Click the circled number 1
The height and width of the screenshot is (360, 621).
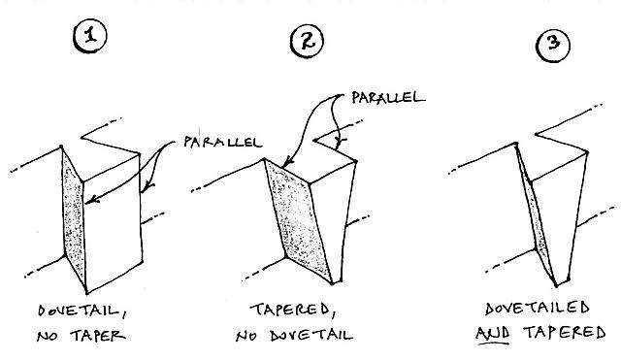(90, 36)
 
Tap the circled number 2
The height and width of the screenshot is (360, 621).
(307, 41)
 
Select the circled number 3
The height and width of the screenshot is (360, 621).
(553, 44)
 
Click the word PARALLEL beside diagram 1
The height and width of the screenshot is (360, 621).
(222, 142)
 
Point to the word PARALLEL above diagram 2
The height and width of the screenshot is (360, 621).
(388, 97)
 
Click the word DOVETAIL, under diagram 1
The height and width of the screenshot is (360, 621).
(82, 311)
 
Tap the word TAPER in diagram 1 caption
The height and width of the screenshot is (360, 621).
(98, 337)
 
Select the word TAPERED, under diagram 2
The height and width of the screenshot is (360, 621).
(293, 311)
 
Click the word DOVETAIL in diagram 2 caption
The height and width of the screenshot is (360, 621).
(311, 336)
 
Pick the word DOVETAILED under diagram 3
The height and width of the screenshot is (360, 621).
(538, 309)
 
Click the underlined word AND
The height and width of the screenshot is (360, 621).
(493, 334)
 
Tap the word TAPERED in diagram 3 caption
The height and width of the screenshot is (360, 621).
(565, 332)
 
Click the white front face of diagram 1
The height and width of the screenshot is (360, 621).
(113, 222)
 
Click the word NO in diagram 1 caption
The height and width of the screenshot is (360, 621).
(47, 337)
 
